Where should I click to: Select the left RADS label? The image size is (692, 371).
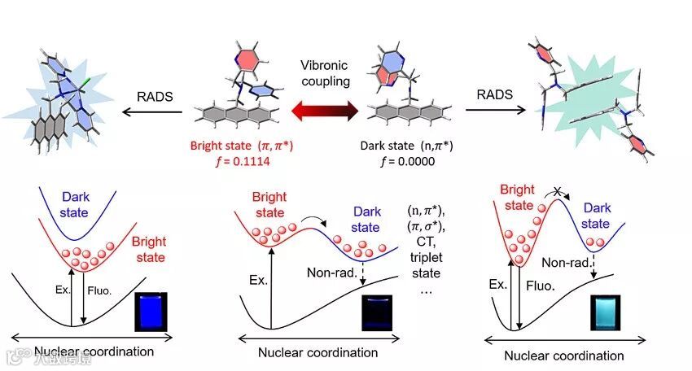point(154,94)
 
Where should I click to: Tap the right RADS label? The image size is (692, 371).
point(496,94)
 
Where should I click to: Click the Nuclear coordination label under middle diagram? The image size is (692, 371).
point(318,352)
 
